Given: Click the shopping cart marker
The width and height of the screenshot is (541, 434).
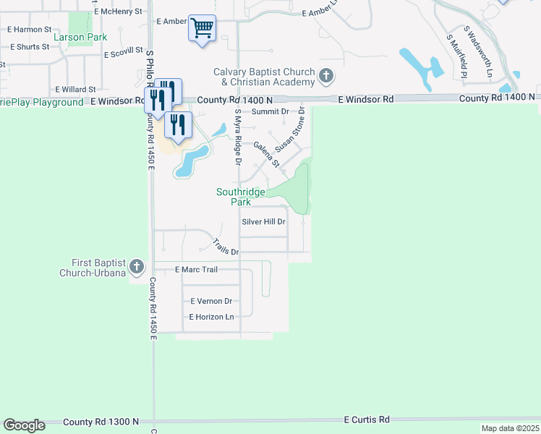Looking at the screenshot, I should click(203, 29).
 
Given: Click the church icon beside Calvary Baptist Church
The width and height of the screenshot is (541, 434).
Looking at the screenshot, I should click(326, 75).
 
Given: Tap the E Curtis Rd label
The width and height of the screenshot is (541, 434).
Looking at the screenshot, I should click(367, 420).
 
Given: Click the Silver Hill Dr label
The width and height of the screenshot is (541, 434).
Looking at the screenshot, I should click(264, 222).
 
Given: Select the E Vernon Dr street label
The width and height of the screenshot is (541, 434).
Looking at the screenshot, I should click(211, 301).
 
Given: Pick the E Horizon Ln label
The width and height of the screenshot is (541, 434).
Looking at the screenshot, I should click(212, 317).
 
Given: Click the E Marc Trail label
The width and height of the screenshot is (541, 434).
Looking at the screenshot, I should click(197, 269).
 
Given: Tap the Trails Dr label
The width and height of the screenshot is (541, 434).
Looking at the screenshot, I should click(226, 247).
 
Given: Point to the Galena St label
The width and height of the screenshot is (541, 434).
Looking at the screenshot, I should click(266, 155).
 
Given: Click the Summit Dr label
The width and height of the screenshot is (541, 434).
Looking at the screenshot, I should click(270, 111).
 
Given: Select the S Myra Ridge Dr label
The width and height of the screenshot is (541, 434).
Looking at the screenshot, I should click(237, 136).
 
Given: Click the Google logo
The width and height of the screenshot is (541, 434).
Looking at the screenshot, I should click(24, 425).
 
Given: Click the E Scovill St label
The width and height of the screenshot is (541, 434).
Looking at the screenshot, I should click(124, 54).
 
